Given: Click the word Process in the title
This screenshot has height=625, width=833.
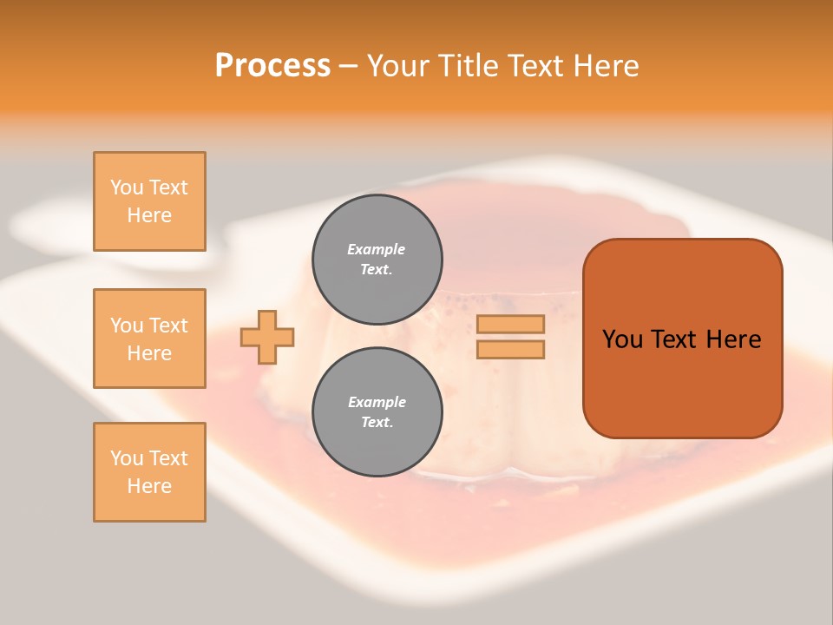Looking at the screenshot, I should (272, 66).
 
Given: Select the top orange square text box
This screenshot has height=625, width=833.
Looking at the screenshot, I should (149, 201).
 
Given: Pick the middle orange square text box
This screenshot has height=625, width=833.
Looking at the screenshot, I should (149, 339).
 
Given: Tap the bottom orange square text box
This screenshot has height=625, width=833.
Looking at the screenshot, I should (149, 472).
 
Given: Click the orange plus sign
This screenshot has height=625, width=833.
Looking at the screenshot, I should (267, 337).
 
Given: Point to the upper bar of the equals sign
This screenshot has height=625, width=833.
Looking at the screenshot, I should (510, 325).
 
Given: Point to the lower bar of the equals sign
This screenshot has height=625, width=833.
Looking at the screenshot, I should (510, 350).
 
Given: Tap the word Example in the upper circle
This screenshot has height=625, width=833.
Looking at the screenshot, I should (377, 249).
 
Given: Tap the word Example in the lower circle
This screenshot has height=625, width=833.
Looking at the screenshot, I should (377, 402).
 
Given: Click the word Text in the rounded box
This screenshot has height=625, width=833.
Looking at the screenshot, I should (673, 339).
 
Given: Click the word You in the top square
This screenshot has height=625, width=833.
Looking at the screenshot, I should (127, 187).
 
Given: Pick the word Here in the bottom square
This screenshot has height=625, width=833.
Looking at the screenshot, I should (149, 486).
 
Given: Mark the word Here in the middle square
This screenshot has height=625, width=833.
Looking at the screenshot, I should (149, 353).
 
